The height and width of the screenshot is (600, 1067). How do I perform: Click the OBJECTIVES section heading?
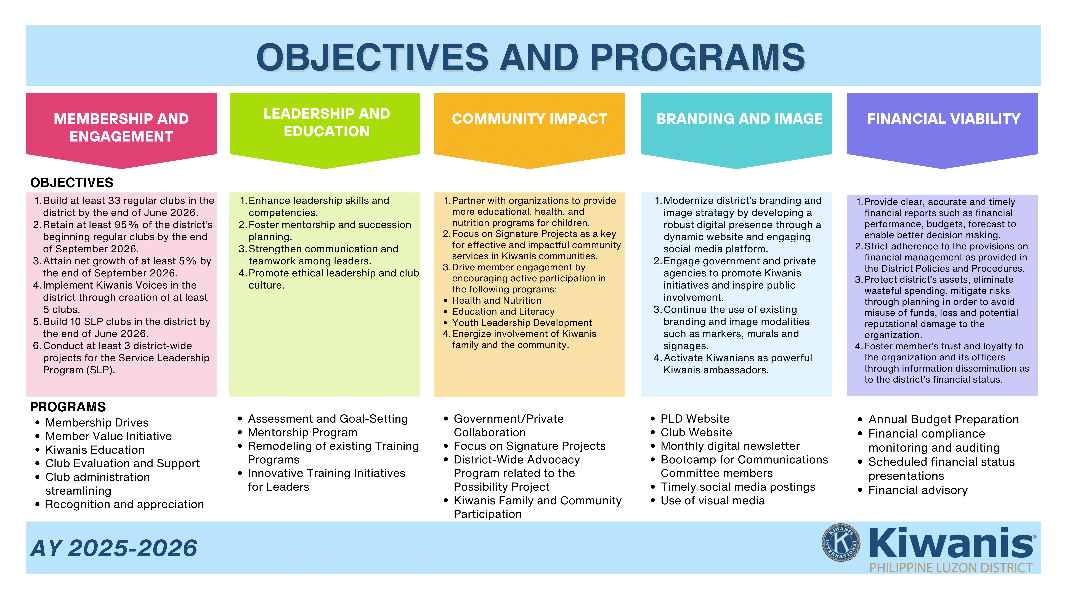(72, 183)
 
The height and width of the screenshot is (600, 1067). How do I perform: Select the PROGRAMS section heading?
(68, 407)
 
